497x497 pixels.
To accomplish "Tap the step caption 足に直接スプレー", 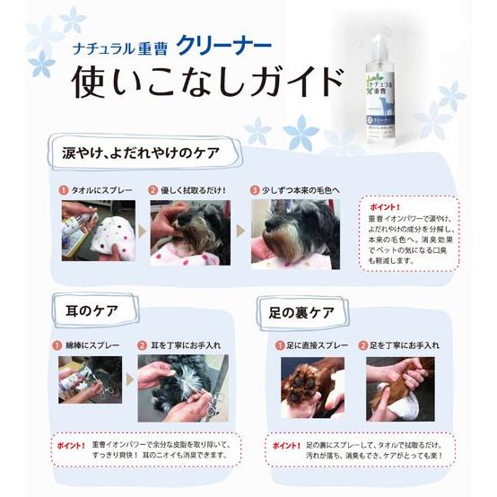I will (319, 344).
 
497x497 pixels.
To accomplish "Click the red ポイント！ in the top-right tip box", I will (385, 205).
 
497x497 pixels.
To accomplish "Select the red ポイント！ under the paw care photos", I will (284, 444).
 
